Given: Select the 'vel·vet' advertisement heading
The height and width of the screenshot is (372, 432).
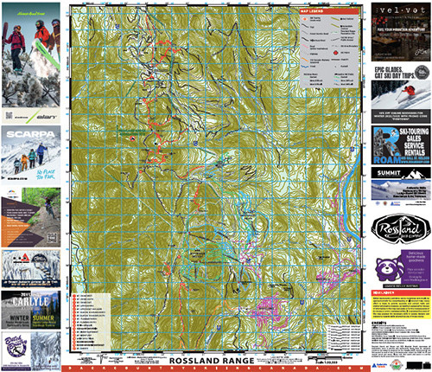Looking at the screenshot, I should coord(401,11).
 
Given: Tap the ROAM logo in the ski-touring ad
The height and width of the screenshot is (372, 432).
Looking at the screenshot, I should coord(386,157).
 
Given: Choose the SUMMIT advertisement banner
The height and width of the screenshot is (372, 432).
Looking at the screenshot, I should coord(400,175).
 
